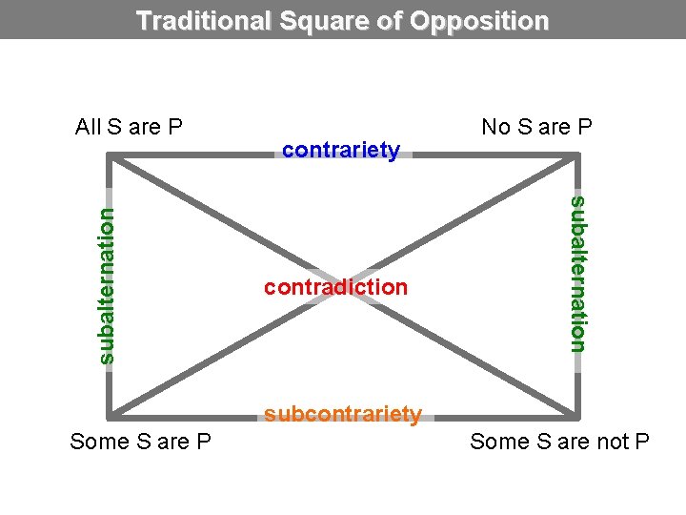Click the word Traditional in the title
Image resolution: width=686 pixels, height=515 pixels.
click(x=204, y=20)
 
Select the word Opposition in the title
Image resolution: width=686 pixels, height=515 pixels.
click(x=482, y=20)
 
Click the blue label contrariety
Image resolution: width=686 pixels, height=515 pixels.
click(x=341, y=150)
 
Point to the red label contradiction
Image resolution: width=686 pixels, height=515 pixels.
click(x=335, y=286)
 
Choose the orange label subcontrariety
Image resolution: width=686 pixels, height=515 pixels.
click(x=343, y=414)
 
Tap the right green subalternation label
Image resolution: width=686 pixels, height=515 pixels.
click(x=577, y=273)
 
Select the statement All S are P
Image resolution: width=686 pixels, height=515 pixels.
click(x=129, y=127)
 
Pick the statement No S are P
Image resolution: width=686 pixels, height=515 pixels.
click(x=537, y=127)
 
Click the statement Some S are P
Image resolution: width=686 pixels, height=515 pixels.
click(x=141, y=442)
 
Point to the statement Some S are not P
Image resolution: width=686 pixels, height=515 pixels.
click(x=559, y=442)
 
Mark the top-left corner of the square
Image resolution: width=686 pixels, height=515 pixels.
click(x=111, y=155)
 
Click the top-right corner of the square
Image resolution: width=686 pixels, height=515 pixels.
click(x=577, y=155)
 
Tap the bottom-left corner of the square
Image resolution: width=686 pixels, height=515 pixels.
click(x=111, y=416)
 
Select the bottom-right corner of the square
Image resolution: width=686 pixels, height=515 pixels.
click(x=577, y=416)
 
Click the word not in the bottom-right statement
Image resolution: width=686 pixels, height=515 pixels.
click(x=614, y=442)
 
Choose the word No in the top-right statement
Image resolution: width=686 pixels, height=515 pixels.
click(x=495, y=127)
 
